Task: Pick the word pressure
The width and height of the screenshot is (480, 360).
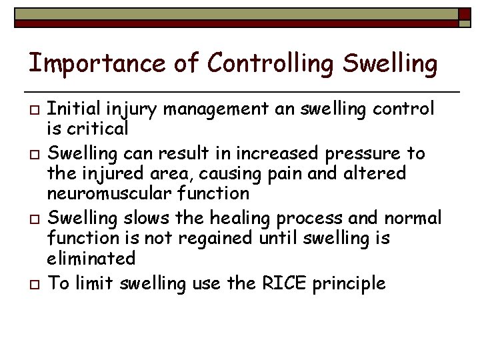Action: click(x=364, y=153)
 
